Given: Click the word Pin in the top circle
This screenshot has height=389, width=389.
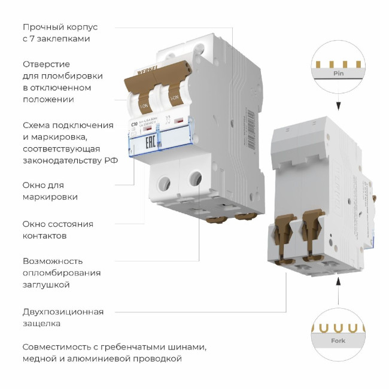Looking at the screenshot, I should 338,74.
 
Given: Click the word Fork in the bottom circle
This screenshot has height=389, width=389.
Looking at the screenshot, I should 338,341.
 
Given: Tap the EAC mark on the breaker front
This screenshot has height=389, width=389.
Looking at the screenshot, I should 146,143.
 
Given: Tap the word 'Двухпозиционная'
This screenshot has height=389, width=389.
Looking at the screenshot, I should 63,311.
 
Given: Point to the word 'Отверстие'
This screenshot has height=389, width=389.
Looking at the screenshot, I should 46,64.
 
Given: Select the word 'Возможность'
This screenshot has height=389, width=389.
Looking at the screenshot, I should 53,261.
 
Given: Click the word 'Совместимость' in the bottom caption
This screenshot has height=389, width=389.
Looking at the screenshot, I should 57,347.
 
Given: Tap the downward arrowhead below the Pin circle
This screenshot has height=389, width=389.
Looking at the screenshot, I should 338,107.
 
